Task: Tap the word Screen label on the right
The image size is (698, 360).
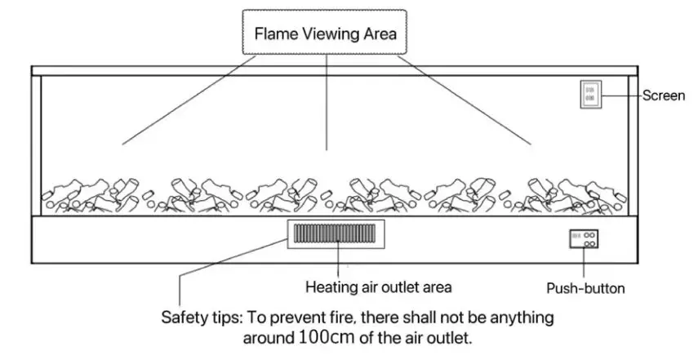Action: tap(663, 96)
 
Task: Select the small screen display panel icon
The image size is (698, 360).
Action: tap(590, 94)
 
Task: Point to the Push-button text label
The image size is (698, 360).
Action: tap(585, 288)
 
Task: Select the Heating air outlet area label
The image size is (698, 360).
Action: tap(378, 287)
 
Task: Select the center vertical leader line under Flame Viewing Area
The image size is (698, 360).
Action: tap(327, 102)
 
